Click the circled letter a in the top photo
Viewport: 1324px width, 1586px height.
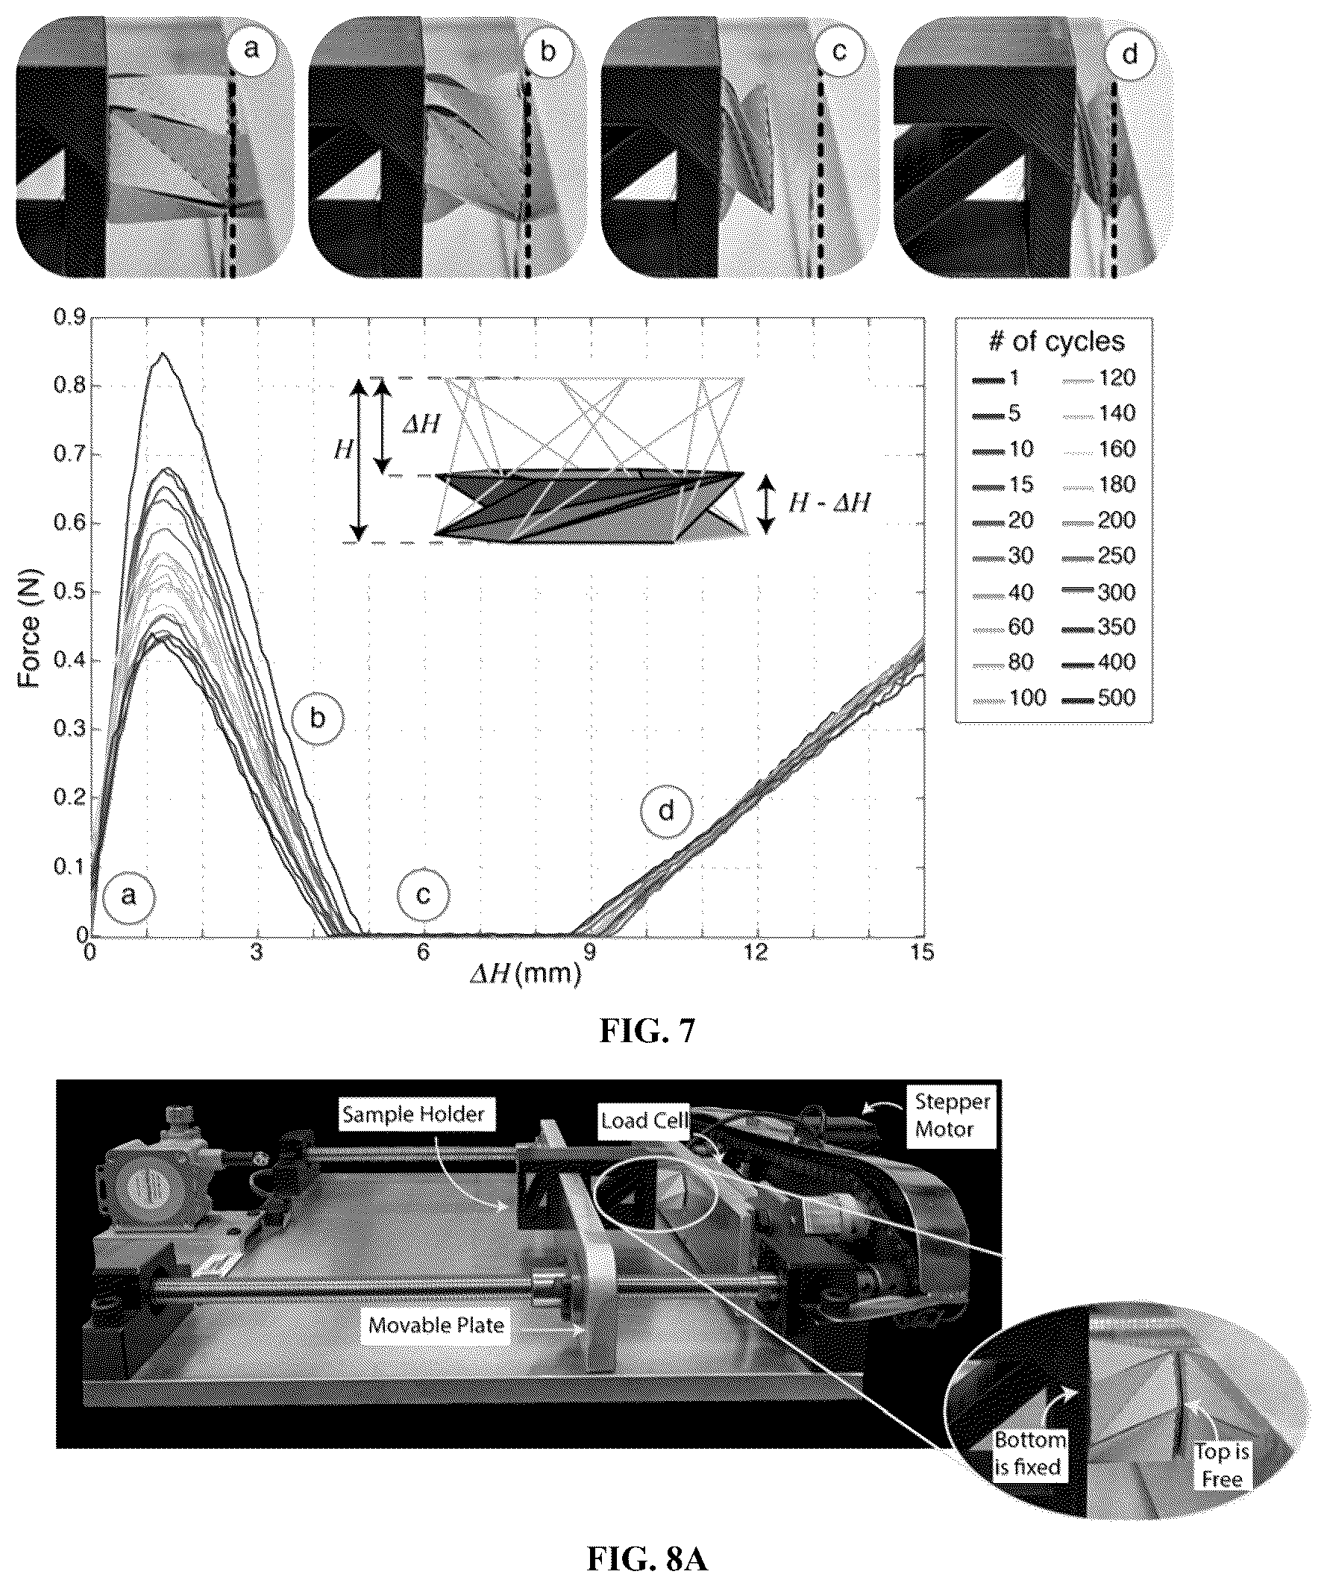(251, 50)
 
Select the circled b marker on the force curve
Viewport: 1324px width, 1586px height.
(317, 718)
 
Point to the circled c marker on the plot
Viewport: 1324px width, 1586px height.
(423, 896)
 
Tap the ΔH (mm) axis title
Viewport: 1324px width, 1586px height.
(526, 975)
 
